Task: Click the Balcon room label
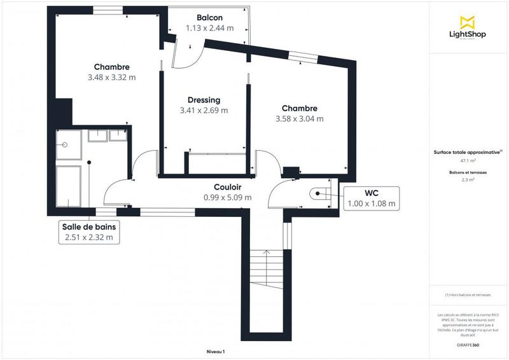[209, 18]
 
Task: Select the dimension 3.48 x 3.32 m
[112, 78]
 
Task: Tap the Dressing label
[204, 100]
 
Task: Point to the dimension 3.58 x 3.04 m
[299, 119]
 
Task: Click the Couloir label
[227, 187]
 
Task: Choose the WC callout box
[372, 198]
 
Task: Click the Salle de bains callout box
[88, 232]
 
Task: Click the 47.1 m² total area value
[468, 161]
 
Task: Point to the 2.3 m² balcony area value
[468, 180]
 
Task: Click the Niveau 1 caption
[216, 352]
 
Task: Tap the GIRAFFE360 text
[468, 344]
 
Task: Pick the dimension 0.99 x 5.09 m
[227, 198]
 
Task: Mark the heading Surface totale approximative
[468, 152]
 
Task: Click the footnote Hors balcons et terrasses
[468, 294]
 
